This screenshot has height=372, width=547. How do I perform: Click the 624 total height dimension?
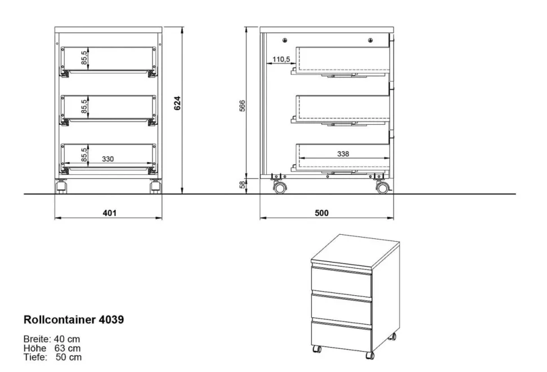pyautogui.click(x=178, y=103)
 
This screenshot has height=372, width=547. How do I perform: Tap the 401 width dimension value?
pyautogui.click(x=109, y=213)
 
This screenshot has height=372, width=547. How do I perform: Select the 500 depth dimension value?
pyautogui.click(x=321, y=213)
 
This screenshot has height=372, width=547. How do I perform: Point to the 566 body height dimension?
pyautogui.click(x=242, y=106)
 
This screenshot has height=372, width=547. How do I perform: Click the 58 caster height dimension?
pyautogui.click(x=242, y=185)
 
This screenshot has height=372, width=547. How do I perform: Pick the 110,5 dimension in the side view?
pyautogui.click(x=281, y=59)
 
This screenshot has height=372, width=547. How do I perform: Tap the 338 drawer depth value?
pyautogui.click(x=343, y=154)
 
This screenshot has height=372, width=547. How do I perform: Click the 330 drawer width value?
pyautogui.click(x=108, y=159)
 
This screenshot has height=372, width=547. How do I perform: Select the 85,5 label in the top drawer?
pyautogui.click(x=85, y=57)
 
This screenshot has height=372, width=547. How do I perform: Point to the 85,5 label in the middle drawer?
pyautogui.click(x=85, y=106)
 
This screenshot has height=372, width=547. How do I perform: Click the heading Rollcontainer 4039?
pyautogui.click(x=74, y=320)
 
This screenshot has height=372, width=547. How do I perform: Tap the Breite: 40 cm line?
pyautogui.click(x=52, y=339)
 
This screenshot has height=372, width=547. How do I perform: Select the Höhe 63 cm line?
pyautogui.click(x=52, y=348)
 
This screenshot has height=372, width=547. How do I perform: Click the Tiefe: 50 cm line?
pyautogui.click(x=52, y=357)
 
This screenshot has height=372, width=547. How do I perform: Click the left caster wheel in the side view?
pyautogui.click(x=280, y=188)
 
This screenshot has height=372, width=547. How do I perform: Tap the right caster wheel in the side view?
pyautogui.click(x=382, y=188)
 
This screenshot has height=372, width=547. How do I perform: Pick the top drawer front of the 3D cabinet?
pyautogui.click(x=341, y=281)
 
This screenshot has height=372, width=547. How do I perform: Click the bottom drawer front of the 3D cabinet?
pyautogui.click(x=341, y=336)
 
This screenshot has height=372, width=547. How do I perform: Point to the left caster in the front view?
pyautogui.click(x=61, y=186)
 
